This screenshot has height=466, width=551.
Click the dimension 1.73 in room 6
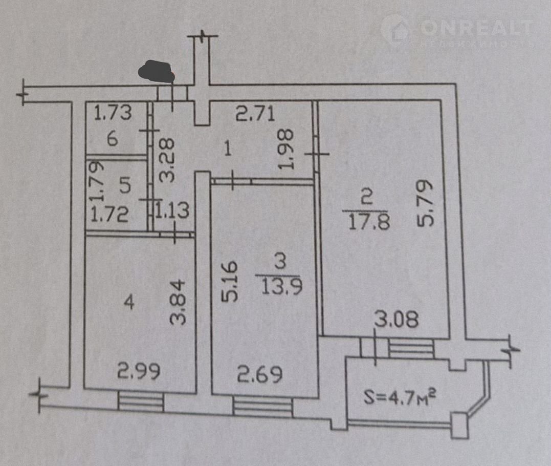[x=113, y=113]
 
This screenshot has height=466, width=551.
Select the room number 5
[x=125, y=185]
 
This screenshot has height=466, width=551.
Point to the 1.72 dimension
[x=109, y=214]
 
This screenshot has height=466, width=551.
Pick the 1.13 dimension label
[x=172, y=210]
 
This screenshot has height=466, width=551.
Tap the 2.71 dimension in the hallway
[x=255, y=114]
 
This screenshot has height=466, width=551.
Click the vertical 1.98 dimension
[x=286, y=150]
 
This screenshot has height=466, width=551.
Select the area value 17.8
[x=369, y=222]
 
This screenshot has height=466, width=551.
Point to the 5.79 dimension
[x=426, y=203]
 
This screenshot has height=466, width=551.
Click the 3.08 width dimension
[x=396, y=320]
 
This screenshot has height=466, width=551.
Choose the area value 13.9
[x=281, y=287]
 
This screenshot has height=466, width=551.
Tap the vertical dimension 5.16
[x=230, y=281]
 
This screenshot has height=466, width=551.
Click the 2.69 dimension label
[x=260, y=374]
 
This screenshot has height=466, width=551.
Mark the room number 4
[x=129, y=302]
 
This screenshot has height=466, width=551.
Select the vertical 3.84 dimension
[x=178, y=302]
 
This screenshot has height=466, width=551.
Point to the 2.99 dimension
[x=139, y=371]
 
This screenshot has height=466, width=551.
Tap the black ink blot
[x=156, y=72]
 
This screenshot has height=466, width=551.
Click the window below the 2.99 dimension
[x=141, y=401]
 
